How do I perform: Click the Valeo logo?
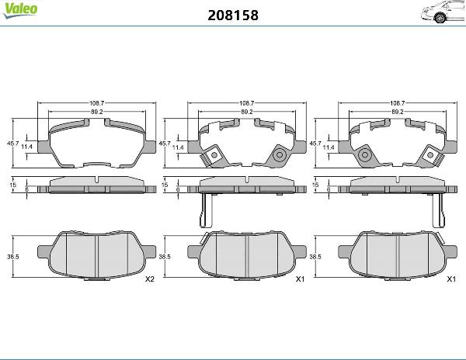[x=20, y=10]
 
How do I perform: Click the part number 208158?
[x=233, y=16]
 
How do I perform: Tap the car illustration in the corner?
[x=443, y=12]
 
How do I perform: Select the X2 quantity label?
[x=150, y=279]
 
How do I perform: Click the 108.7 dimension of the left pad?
[x=97, y=103]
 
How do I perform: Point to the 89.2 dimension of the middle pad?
[x=247, y=112]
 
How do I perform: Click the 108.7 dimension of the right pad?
[x=398, y=103]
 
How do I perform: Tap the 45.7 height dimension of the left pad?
[x=12, y=143]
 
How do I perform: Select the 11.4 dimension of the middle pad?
[x=178, y=147]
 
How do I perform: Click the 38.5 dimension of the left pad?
[x=13, y=257]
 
